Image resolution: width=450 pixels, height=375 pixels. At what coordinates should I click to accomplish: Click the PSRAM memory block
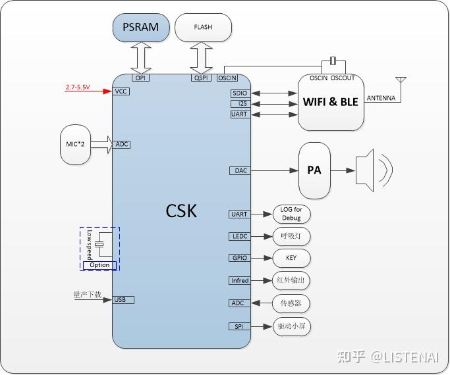coord(140,28)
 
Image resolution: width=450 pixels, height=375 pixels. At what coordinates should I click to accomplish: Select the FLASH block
coord(203,28)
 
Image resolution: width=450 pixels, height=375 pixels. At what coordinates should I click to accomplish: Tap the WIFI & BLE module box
coord(331,102)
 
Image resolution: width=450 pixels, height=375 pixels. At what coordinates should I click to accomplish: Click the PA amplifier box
coord(314,170)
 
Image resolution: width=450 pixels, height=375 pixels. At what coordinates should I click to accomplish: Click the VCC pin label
coord(121,91)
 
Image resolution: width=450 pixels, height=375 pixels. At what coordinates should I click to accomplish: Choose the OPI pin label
coord(140,78)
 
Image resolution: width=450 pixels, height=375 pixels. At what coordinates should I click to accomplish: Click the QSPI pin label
coord(201,78)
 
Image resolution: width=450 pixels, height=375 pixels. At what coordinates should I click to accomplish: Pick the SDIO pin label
coord(240,93)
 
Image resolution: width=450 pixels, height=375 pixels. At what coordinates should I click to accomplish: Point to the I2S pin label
coord(240,104)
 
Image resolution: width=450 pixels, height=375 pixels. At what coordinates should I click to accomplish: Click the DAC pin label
coord(241,170)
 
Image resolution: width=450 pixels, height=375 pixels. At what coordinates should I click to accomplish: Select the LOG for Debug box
coord(291,214)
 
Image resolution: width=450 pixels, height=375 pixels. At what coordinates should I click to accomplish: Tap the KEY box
coord(291,259)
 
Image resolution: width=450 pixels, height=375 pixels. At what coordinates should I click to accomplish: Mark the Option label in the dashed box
coord(99,265)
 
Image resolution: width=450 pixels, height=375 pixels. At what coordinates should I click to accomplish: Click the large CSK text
coord(181,211)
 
